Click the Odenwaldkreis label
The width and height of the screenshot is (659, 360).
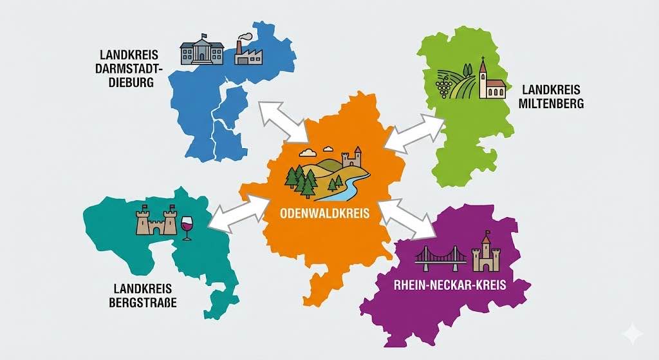[325, 214]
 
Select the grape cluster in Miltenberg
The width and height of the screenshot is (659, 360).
[443, 84]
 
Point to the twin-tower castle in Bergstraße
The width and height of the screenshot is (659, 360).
[156, 221]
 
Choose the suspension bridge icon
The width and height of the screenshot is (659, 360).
[440, 257]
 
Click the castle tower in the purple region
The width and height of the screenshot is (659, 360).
[485, 253]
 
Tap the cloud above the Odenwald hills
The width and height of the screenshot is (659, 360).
[308, 153]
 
